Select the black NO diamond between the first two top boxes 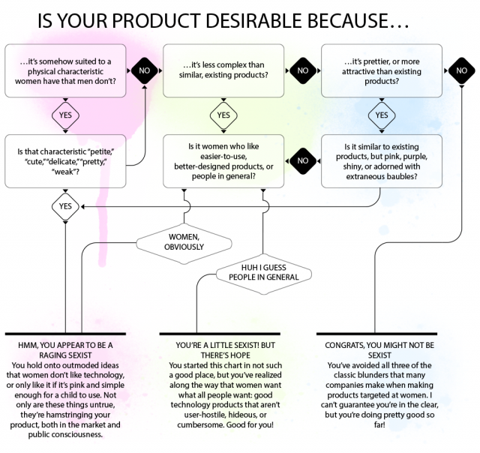coord(145,70)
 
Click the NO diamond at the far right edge coord(462,70)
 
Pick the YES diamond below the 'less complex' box coord(223,115)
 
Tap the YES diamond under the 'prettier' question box coord(382,115)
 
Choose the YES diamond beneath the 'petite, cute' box coord(65,206)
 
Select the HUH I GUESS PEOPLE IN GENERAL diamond coord(263,274)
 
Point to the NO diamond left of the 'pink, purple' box coord(303,160)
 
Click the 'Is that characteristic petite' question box coord(65,161)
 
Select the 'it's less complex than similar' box coord(223,70)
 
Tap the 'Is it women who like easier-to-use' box coord(223,161)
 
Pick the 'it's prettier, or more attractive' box coord(382,70)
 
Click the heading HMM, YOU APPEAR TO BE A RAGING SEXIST coord(65,350)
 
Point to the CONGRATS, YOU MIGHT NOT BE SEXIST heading coord(379,350)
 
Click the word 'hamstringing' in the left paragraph coord(70,415)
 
